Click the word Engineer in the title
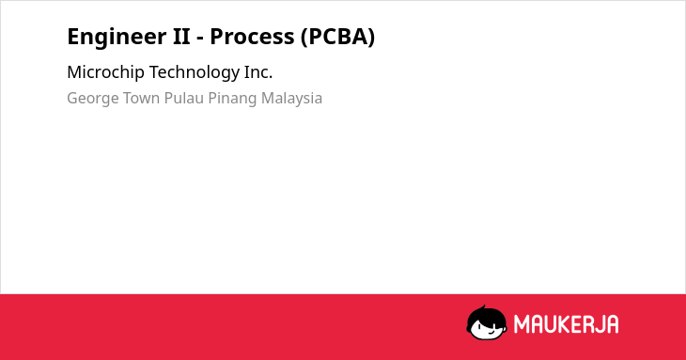116,38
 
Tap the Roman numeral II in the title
181,37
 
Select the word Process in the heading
252,37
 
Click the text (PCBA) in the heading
337,38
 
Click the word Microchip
105,72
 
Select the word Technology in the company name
195,72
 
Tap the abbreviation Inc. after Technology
258,72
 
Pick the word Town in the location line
141,98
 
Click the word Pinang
232,99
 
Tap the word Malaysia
291,99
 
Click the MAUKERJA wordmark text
566,324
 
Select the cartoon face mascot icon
487,322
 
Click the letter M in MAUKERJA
522,324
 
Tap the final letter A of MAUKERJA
613,324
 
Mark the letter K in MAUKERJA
564,324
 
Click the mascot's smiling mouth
489,335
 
